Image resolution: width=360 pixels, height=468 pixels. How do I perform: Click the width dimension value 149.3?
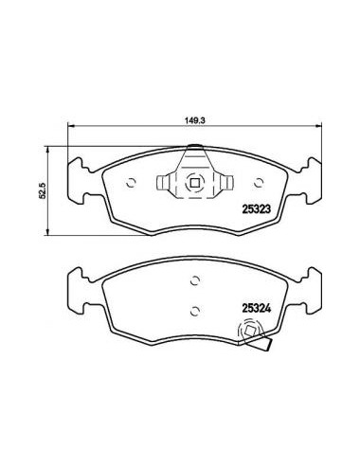[x=195, y=120]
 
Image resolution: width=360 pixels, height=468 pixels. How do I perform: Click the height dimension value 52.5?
[x=43, y=190]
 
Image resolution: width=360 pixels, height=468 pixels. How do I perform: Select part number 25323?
[x=256, y=208]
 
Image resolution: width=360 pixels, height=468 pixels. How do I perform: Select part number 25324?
[x=256, y=308]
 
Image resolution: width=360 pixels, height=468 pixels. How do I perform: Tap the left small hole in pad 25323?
[x=131, y=183]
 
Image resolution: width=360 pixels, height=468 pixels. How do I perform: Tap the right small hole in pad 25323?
[x=259, y=183]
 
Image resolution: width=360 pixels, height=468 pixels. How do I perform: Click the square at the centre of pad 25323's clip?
[x=195, y=183]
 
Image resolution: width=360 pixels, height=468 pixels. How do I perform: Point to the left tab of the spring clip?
[x=163, y=183]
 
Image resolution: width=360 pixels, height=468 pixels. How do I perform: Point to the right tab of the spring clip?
[x=227, y=183]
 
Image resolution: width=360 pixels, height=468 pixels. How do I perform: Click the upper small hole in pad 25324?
[x=195, y=280]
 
